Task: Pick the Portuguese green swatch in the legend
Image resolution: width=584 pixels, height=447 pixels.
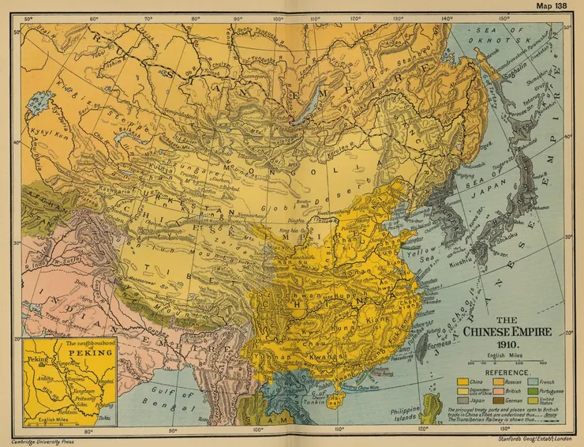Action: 543,391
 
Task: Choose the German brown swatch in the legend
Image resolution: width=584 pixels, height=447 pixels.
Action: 501,401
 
